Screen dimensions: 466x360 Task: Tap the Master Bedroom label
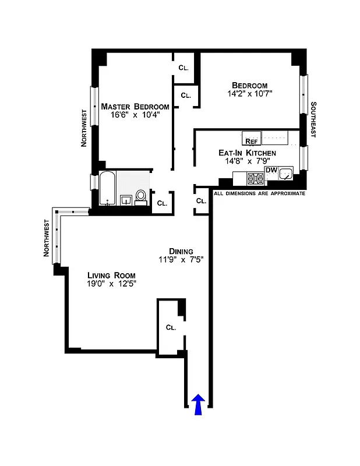(x=135, y=107)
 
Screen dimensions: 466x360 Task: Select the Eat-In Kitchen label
(x=247, y=153)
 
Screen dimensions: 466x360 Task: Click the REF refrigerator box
(x=252, y=141)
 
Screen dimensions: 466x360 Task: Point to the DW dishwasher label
(x=271, y=170)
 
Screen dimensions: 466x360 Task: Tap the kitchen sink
(x=286, y=174)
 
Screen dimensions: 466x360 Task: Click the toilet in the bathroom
(x=141, y=197)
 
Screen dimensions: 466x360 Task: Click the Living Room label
(x=111, y=276)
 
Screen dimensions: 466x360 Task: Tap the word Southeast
(x=313, y=120)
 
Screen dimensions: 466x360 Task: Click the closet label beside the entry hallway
(x=171, y=327)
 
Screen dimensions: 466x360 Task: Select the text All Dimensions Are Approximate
(x=260, y=193)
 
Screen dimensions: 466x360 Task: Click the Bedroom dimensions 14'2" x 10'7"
(x=250, y=93)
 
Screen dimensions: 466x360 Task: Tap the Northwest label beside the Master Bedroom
(x=84, y=128)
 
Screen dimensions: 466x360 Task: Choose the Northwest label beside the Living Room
(x=46, y=238)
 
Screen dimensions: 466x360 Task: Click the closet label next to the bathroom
(x=162, y=203)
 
